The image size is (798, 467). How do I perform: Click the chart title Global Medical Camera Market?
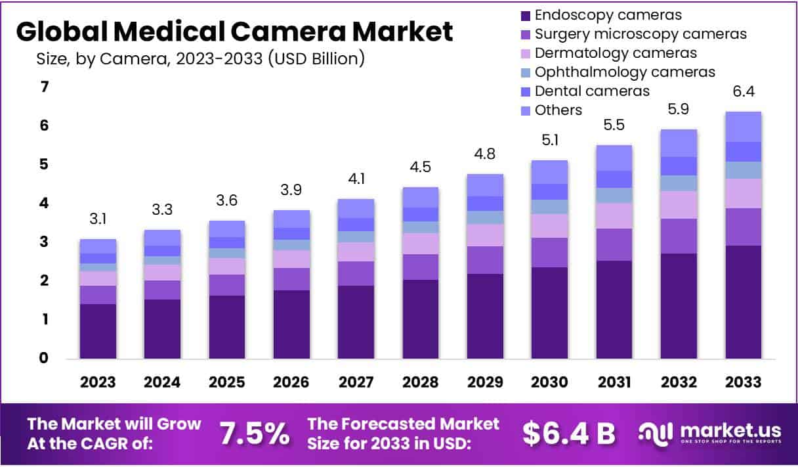tap(234, 32)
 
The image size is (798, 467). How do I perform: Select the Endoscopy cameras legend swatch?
tap(525, 15)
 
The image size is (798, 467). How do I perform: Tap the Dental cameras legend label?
tap(592, 91)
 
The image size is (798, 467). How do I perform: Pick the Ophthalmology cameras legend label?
tap(625, 72)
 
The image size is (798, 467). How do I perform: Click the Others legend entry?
tap(558, 110)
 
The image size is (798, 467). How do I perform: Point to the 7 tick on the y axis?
tap(45, 87)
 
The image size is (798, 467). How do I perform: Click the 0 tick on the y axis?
tap(45, 359)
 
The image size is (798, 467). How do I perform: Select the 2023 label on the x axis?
tap(98, 382)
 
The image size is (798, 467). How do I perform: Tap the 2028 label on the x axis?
tap(421, 382)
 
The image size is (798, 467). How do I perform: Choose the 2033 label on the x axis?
tap(744, 382)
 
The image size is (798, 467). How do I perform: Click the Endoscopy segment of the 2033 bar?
tap(744, 302)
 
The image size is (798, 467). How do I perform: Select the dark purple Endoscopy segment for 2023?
tap(98, 331)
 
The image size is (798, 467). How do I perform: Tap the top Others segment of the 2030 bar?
tap(550, 172)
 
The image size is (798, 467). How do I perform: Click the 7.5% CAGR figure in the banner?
tap(254, 434)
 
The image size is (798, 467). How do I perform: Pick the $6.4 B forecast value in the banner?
tap(569, 434)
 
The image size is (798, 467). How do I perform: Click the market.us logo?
tap(710, 434)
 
